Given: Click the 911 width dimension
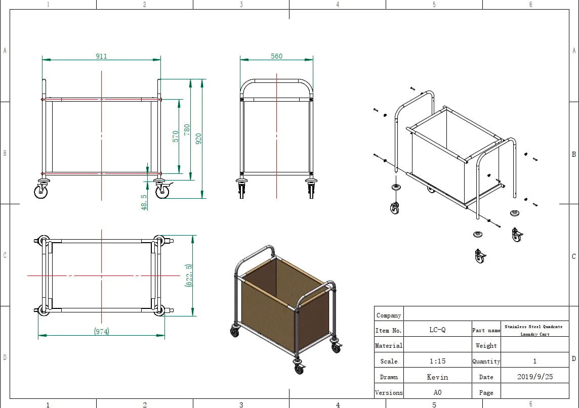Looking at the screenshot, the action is pyautogui.click(x=102, y=56).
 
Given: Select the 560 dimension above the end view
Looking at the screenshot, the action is pyautogui.click(x=276, y=56).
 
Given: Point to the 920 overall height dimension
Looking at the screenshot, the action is pyautogui.click(x=199, y=139).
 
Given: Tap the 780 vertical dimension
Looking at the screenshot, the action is pyautogui.click(x=187, y=129).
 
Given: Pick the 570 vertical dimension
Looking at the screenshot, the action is pyautogui.click(x=176, y=136).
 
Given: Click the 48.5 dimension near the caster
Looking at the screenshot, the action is pyautogui.click(x=144, y=202).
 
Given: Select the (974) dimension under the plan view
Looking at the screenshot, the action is pyautogui.click(x=102, y=331).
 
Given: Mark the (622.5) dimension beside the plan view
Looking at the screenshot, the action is pyautogui.click(x=188, y=276).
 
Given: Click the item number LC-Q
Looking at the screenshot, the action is pyautogui.click(x=437, y=330).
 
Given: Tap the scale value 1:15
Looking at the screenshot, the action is pyautogui.click(x=437, y=361).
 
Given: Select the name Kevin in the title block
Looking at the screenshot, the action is pyautogui.click(x=437, y=377).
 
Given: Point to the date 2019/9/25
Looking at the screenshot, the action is pyautogui.click(x=534, y=377).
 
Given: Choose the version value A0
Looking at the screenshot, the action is pyautogui.click(x=437, y=392).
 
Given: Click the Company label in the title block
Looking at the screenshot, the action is pyautogui.click(x=389, y=315).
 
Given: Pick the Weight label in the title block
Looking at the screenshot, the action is pyautogui.click(x=486, y=346).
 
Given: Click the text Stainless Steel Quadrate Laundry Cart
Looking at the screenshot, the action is pyautogui.click(x=534, y=330).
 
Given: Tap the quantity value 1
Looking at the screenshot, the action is pyautogui.click(x=534, y=361).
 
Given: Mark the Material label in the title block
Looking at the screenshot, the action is pyautogui.click(x=389, y=346).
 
